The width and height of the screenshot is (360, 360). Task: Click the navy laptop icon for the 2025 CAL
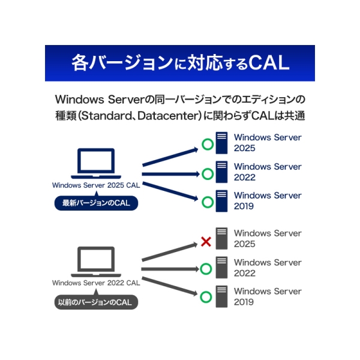pos(96,164)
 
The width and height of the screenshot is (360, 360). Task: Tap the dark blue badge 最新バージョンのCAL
pos(96,203)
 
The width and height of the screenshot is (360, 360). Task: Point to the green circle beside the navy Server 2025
pos(208,145)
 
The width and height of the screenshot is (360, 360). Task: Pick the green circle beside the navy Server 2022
pos(208,173)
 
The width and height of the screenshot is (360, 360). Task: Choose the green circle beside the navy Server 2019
pos(208,202)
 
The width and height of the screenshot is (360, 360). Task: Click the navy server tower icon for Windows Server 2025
pos(222,143)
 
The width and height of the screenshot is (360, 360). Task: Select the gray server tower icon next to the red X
pos(222,238)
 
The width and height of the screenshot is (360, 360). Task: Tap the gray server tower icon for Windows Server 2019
pos(222,296)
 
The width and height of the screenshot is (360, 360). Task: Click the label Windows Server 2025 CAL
pos(96,185)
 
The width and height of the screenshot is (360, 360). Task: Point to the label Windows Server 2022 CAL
pos(96,283)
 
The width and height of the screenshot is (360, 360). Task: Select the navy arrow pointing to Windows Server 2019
pos(171,185)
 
